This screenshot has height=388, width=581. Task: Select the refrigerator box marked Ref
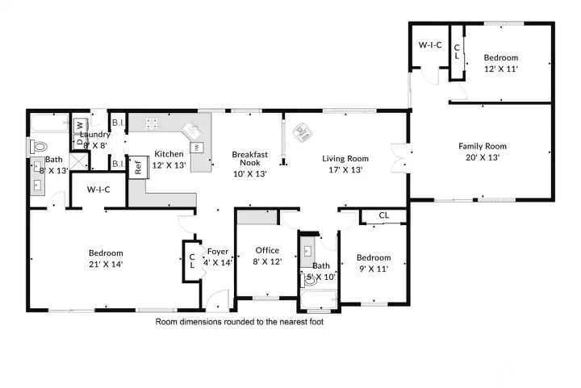point(138,169)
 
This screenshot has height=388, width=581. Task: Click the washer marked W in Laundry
point(80,126)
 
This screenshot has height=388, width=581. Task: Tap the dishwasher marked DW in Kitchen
point(196,147)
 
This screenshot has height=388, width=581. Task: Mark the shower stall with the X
point(78,160)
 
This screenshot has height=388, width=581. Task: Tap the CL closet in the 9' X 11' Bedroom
point(383,215)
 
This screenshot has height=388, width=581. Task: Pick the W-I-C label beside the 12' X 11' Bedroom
point(428,45)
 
